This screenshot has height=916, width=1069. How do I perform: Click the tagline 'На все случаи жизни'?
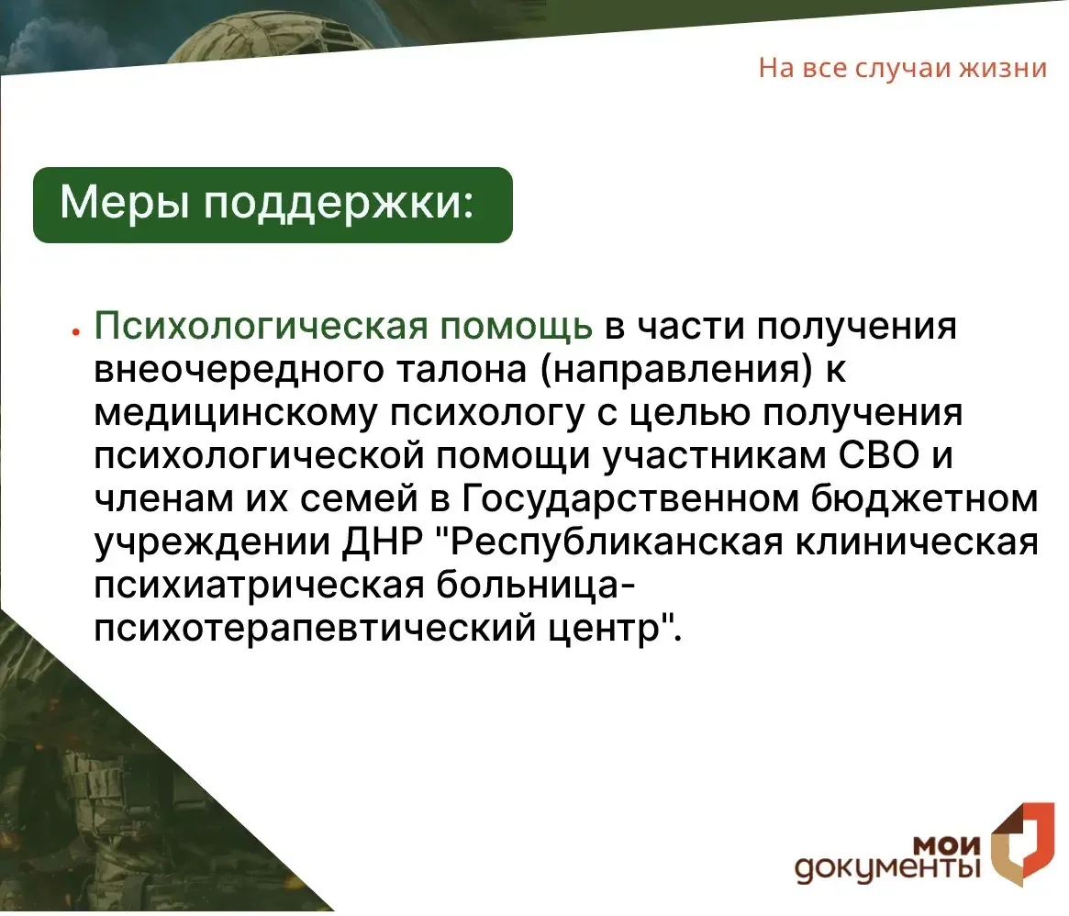pyautogui.click(x=902, y=69)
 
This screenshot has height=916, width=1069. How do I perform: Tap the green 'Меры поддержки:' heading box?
pyautogui.click(x=273, y=205)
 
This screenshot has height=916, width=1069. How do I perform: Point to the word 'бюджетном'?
pyautogui.click(x=924, y=500)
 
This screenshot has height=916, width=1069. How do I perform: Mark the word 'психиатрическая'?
pyautogui.click(x=259, y=587)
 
